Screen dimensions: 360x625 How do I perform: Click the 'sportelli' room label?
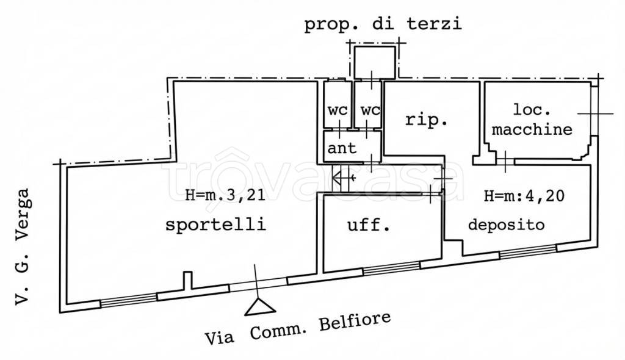pos(216,225)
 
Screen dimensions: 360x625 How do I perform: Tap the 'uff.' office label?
pos(368,226)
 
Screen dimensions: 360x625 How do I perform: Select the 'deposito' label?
pos(506,225)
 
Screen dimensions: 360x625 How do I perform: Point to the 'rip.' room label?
pos(427,120)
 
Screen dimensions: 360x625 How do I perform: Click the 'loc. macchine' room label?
pos(532,121)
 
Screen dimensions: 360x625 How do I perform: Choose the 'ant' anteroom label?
pos(342,148)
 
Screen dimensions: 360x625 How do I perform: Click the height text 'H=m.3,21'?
pos(217,196)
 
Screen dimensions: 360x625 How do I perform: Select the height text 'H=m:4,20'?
pos(523,196)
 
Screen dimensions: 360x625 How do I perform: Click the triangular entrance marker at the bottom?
pos(257,307)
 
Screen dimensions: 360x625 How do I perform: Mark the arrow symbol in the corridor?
pos(344,178)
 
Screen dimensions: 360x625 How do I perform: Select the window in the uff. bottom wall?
pos(391,268)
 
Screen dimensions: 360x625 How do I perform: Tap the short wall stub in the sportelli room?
pos(187,281)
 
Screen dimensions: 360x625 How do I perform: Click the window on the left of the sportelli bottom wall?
pos(128,299)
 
